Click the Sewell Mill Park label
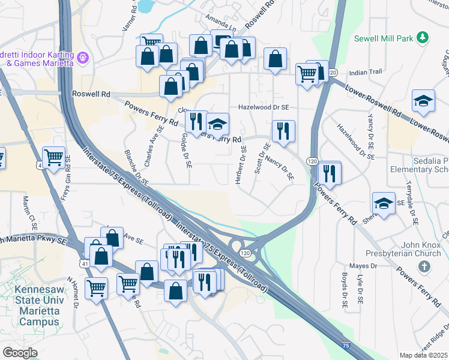coord(384,38)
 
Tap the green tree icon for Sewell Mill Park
coord(423,38)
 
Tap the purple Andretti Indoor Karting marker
coord(83,58)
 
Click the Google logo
coord(20,352)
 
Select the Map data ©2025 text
coord(423,355)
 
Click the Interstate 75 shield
coord(345,345)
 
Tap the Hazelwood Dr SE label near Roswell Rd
coord(264,106)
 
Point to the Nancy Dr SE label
coord(280,169)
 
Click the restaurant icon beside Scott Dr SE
coord(283,131)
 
